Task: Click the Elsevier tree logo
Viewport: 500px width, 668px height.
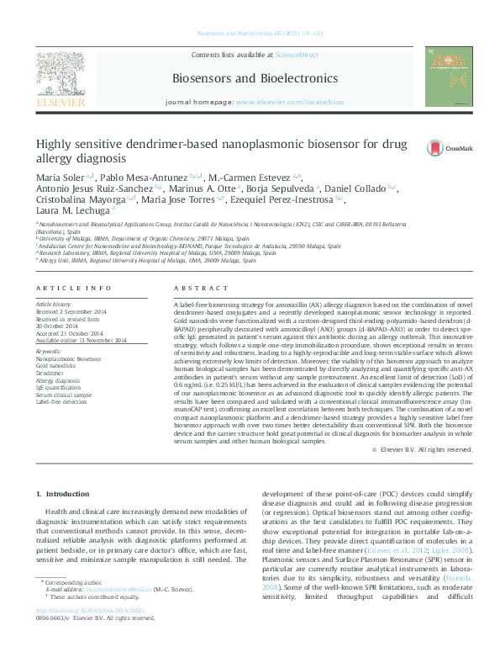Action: point(60,77)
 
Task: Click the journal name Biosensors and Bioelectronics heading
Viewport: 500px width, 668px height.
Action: point(255,78)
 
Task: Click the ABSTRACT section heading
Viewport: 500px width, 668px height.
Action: point(192,288)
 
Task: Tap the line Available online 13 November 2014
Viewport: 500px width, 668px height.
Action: point(81,341)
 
